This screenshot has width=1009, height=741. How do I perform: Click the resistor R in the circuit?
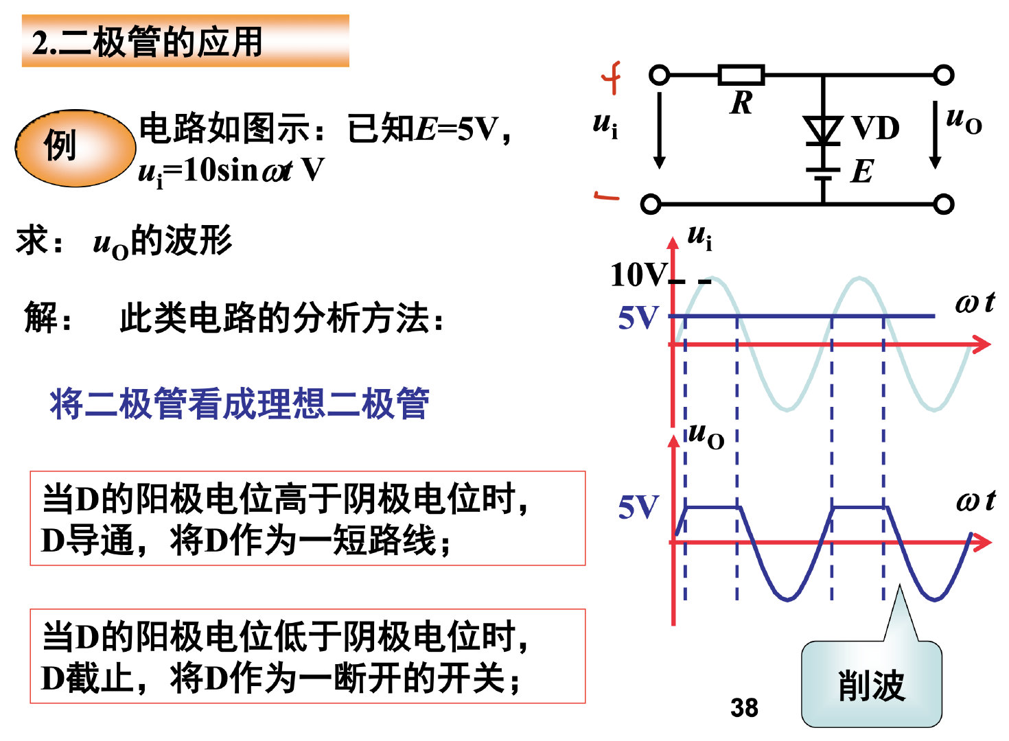741,75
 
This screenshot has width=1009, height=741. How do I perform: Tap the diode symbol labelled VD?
823,130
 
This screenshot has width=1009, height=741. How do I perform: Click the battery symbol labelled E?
823,174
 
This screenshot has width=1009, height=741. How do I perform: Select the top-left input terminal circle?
659,75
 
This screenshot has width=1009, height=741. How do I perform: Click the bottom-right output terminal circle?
944,204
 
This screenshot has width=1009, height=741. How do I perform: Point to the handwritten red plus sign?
612,78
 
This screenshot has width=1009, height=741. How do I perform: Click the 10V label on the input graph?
638,275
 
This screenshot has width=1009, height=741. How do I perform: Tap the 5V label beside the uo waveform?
638,508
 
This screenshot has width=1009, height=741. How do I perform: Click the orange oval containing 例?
75,148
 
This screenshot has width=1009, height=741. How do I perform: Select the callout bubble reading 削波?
871,684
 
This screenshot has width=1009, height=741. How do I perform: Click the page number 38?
744,707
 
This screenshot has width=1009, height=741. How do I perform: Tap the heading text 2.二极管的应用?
148,43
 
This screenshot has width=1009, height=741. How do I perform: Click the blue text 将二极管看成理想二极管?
240,403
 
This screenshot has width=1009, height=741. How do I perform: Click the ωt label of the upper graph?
975,303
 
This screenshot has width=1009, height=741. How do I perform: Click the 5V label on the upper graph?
638,318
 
